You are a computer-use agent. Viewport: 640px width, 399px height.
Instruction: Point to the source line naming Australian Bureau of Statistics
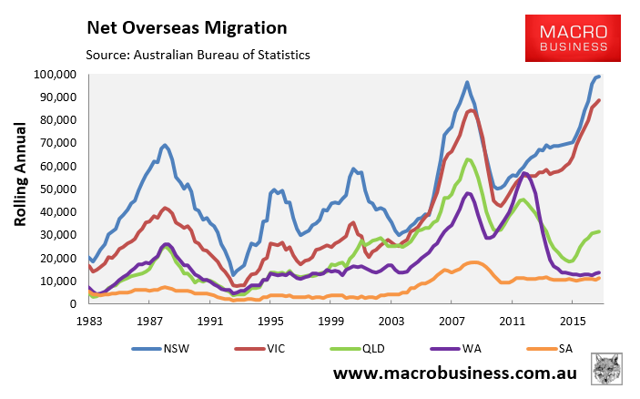[x=198, y=56]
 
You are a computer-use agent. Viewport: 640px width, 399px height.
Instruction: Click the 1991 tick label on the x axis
[x=211, y=321]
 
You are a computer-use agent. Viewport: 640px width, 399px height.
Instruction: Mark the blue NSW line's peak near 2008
[x=467, y=82]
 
